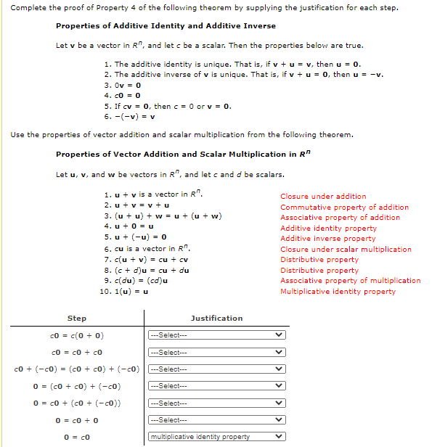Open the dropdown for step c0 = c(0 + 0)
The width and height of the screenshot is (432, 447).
click(216, 335)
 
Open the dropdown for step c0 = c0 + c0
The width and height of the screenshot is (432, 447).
click(216, 352)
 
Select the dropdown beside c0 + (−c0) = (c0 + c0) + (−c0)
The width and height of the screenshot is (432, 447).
click(216, 369)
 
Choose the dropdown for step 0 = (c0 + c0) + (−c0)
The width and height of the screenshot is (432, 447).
click(216, 386)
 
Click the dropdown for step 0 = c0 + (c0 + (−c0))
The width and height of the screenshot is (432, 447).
click(216, 403)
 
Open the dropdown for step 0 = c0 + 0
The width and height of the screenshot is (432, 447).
click(216, 420)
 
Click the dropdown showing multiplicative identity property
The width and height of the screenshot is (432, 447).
click(216, 437)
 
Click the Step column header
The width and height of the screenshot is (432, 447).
click(77, 319)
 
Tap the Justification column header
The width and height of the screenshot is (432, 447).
click(216, 319)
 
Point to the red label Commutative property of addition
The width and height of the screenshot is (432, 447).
click(344, 208)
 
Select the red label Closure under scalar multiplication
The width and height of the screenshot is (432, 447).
click(346, 250)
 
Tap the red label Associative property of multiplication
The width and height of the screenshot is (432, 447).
click(350, 281)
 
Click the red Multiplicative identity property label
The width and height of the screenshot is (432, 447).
click(338, 292)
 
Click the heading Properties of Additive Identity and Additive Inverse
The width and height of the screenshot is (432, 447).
click(166, 26)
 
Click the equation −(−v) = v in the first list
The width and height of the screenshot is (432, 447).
click(130, 117)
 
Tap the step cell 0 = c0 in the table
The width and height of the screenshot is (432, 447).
click(77, 437)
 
